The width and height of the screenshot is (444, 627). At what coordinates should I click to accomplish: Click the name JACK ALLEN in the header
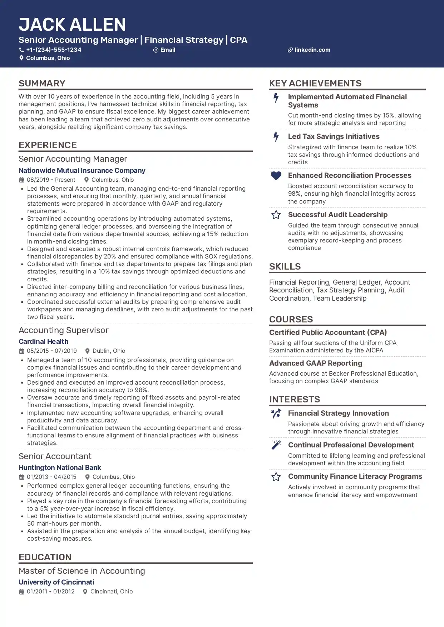click(x=72, y=25)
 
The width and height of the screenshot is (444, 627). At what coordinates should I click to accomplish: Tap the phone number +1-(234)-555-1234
click(x=54, y=50)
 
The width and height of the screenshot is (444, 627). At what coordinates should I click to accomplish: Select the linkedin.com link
click(x=312, y=50)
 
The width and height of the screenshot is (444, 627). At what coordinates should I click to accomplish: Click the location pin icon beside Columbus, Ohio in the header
click(x=21, y=58)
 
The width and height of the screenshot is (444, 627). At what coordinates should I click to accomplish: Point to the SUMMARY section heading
click(x=42, y=83)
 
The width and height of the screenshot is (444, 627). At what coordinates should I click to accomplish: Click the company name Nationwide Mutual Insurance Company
click(x=82, y=171)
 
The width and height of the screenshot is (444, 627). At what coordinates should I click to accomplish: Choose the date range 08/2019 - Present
click(x=51, y=180)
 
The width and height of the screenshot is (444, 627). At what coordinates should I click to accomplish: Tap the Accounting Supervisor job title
click(x=63, y=330)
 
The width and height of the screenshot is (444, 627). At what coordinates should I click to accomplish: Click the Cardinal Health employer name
click(x=43, y=342)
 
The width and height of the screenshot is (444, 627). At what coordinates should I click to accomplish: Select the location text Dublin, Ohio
click(x=109, y=351)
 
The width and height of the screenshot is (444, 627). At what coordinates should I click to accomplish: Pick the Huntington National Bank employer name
click(x=60, y=468)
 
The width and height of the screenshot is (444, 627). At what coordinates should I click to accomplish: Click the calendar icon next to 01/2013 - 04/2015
click(x=21, y=477)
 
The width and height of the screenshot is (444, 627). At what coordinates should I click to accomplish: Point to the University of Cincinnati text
click(x=56, y=582)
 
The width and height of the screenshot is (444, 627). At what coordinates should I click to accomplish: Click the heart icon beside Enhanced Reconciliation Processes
click(x=276, y=176)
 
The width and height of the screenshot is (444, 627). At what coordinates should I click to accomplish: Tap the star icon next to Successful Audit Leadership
click(x=276, y=215)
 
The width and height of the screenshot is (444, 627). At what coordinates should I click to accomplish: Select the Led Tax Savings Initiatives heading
click(x=334, y=136)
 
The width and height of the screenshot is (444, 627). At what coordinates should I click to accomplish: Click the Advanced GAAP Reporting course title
click(x=315, y=363)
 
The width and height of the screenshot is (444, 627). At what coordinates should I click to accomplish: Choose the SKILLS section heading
click(x=285, y=266)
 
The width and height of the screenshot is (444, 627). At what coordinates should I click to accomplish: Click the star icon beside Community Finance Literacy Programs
click(x=276, y=477)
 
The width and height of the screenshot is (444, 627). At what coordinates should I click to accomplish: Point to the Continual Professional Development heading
click(x=351, y=445)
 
